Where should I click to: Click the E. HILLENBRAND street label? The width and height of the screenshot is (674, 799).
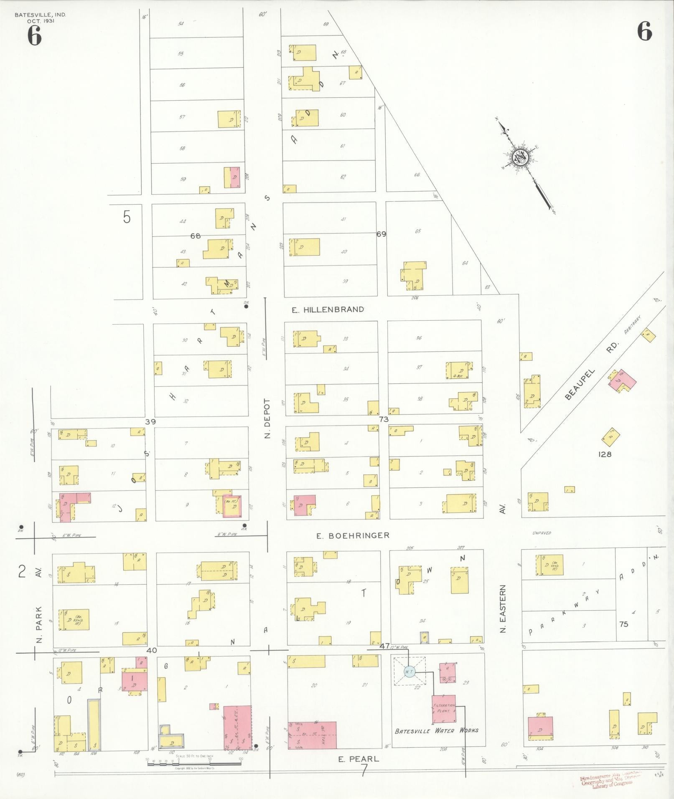pos(328,309)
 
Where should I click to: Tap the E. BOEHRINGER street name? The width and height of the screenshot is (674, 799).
pos(353,535)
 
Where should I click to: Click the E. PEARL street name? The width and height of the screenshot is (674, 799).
pos(359,759)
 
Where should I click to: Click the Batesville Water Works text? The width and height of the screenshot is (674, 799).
pos(437,731)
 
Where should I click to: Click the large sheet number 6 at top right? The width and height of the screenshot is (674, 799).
pos(644,31)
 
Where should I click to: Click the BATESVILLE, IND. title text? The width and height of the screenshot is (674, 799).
pos(40,15)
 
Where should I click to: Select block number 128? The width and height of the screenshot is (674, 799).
pos(605,454)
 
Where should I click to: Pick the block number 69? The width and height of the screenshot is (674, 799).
pos(381,234)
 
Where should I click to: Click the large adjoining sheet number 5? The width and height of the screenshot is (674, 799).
pos(127,217)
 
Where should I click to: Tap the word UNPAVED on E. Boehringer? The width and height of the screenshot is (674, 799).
pos(542,533)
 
